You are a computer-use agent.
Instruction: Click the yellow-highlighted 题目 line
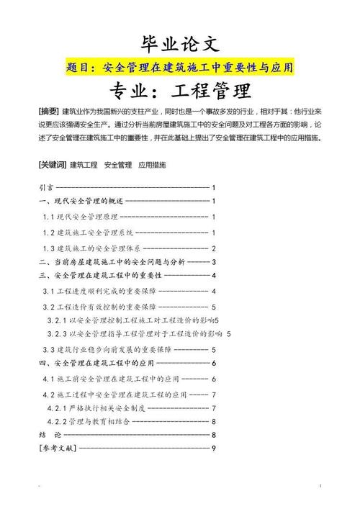[x=179, y=68]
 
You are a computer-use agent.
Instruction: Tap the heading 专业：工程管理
[x=179, y=91]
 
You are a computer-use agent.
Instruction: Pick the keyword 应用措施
[x=152, y=165]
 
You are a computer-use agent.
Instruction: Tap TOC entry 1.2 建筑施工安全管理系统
[x=88, y=233]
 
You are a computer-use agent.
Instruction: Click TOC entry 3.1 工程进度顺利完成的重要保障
[x=94, y=291]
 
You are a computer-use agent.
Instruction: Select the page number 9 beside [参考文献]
[x=214, y=449]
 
